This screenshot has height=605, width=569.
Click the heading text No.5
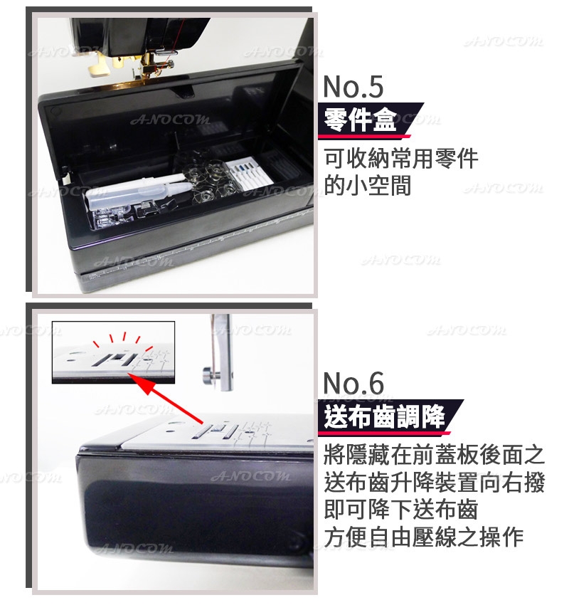pos(353,87)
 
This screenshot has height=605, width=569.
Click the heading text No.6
pos(353,384)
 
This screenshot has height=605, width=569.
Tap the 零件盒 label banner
pos(360,119)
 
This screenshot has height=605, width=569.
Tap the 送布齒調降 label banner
pos(384,416)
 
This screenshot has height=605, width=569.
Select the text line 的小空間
pos(367,186)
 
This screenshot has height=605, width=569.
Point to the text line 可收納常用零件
pos(400,158)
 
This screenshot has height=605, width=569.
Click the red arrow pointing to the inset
pos(168,401)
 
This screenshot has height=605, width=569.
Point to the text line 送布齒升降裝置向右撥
pos(433,483)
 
